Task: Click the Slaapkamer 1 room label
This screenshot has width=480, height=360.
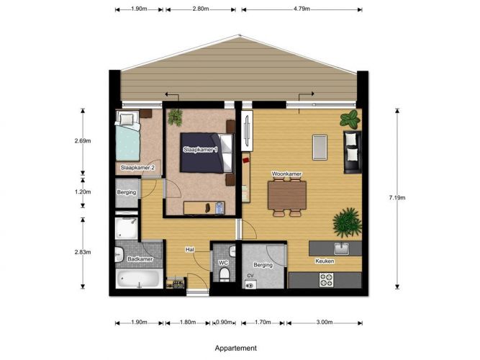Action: pyautogui.click(x=201, y=150)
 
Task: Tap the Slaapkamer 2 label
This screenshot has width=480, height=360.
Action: pyautogui.click(x=137, y=168)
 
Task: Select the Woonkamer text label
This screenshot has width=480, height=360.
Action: pyautogui.click(x=287, y=174)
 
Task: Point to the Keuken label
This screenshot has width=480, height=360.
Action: pyautogui.click(x=325, y=261)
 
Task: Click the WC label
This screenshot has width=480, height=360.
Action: pyautogui.click(x=223, y=263)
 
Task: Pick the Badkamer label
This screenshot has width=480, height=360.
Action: pyautogui.click(x=140, y=259)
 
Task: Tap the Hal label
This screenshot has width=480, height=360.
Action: pyautogui.click(x=190, y=250)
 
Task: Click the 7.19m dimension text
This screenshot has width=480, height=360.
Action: pyautogui.click(x=397, y=197)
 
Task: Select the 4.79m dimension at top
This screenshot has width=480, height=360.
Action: pyautogui.click(x=302, y=9)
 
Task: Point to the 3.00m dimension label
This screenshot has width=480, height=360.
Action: pyautogui.click(x=325, y=323)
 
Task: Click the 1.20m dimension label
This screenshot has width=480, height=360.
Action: pyautogui.click(x=83, y=192)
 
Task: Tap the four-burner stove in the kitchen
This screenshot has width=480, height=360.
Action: pyautogui.click(x=326, y=280)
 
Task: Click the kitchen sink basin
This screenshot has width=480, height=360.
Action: pyautogui.click(x=341, y=248)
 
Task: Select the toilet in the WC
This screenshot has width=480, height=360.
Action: pyautogui.click(x=225, y=274)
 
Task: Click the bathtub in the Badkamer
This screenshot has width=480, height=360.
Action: pyautogui.click(x=140, y=279)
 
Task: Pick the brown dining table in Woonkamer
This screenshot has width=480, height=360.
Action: pyautogui.click(x=287, y=195)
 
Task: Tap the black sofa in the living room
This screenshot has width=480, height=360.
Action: pyautogui.click(x=353, y=152)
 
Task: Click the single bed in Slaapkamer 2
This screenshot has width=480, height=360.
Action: pyautogui.click(x=127, y=135)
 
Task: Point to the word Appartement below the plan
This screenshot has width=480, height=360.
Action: pyautogui.click(x=236, y=348)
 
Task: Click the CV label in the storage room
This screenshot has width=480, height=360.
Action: pyautogui.click(x=250, y=276)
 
